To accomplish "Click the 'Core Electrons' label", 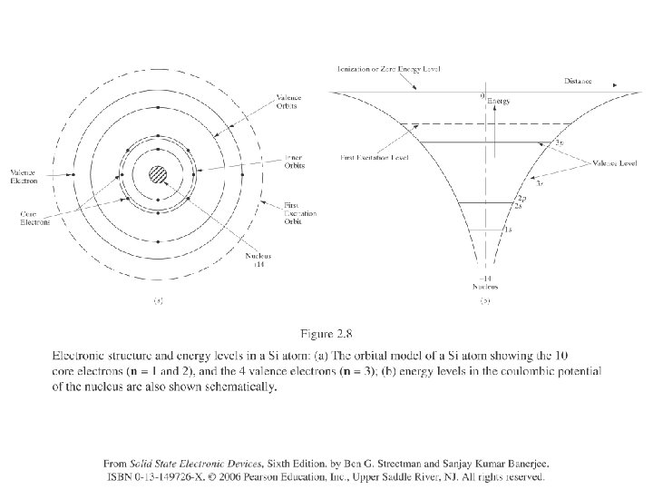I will [36, 217].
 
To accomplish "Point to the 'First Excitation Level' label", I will [375, 156].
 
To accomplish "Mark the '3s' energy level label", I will [540, 182].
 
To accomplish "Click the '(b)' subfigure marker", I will [484, 299].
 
